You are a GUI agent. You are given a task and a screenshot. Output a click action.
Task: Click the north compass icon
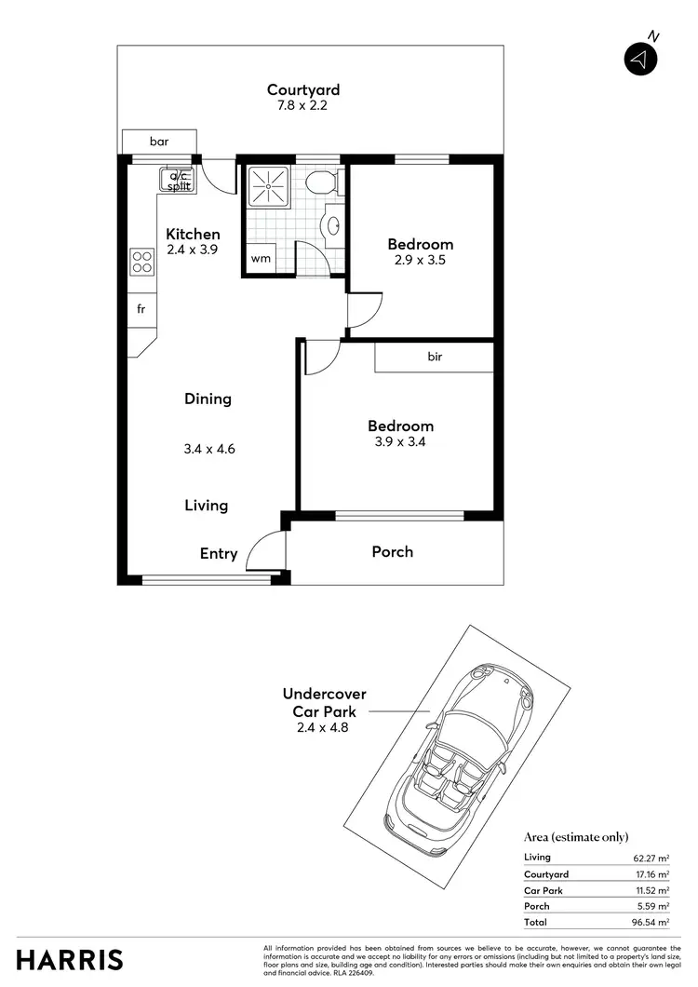pos(640,58)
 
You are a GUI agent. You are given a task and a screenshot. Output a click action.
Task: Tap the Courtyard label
pos(303,90)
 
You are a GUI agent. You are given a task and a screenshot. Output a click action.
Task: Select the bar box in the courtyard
pos(159,142)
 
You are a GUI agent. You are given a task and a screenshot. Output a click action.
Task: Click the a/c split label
pos(179,181)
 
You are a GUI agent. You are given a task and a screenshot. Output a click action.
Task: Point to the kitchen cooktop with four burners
pos(141,262)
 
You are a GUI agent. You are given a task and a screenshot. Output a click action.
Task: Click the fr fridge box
pos(141,309)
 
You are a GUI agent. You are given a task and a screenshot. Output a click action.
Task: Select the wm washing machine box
pos(261,259)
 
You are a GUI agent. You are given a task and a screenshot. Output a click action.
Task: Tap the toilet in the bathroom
pos(320,182)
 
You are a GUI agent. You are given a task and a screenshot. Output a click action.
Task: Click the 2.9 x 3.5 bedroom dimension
pos(421,261)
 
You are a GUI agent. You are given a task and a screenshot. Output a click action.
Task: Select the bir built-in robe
pos(434,357)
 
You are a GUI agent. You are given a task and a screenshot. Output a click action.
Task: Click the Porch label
pos(392,552)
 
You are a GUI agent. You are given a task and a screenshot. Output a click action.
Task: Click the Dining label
pos(208,399)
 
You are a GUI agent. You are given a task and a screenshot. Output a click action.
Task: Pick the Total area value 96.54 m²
pos(651,922)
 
